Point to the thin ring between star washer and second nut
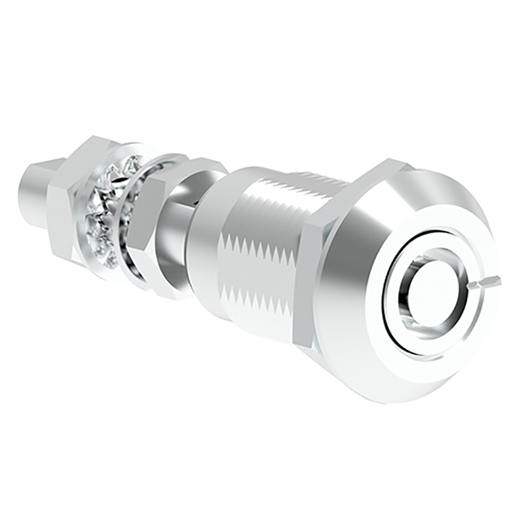pos(134,216)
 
